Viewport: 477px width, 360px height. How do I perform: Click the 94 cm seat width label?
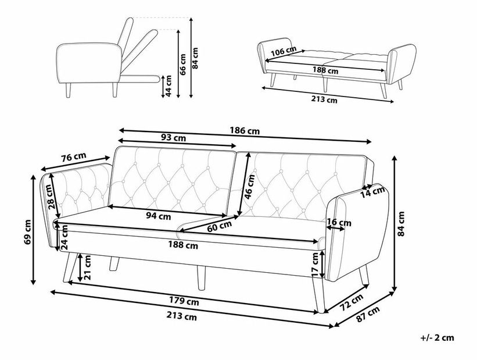pos(157,216)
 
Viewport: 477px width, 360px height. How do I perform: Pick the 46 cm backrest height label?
pos(249,187)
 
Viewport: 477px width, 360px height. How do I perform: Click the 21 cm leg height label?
pos(87,268)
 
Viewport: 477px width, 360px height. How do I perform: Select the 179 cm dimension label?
pos(185,301)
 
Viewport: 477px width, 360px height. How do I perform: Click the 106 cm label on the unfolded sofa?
pos(284,52)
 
